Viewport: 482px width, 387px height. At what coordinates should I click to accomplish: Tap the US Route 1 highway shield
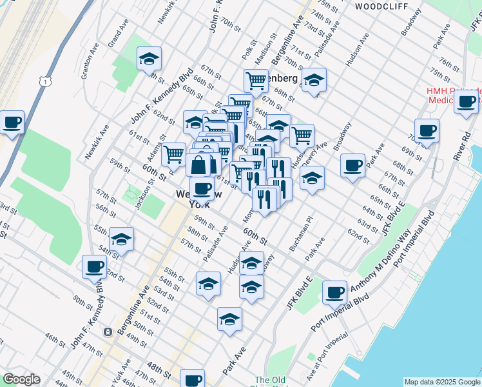click(x=44, y=81)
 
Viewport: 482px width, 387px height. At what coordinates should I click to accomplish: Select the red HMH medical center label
click(x=453, y=95)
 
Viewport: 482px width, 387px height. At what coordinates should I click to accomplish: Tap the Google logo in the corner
click(x=21, y=379)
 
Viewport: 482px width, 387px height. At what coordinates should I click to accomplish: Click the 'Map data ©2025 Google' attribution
click(x=441, y=382)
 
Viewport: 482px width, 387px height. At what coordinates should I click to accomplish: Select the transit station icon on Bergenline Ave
click(x=108, y=332)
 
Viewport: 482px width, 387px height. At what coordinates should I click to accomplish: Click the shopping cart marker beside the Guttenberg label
click(x=256, y=81)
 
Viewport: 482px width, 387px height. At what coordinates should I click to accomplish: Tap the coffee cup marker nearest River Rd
click(x=466, y=101)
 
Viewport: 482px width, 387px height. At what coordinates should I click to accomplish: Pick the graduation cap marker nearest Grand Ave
click(x=149, y=59)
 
